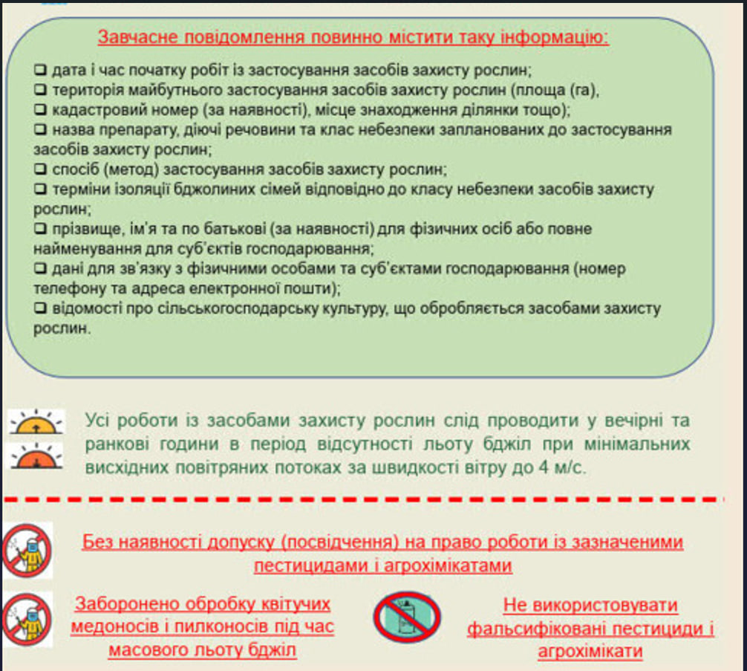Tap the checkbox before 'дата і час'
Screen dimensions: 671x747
(x=40, y=71)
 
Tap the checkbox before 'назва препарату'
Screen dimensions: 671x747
(x=40, y=130)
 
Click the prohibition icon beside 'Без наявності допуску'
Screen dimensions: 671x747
(x=27, y=551)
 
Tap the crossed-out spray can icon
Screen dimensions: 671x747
(x=406, y=617)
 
